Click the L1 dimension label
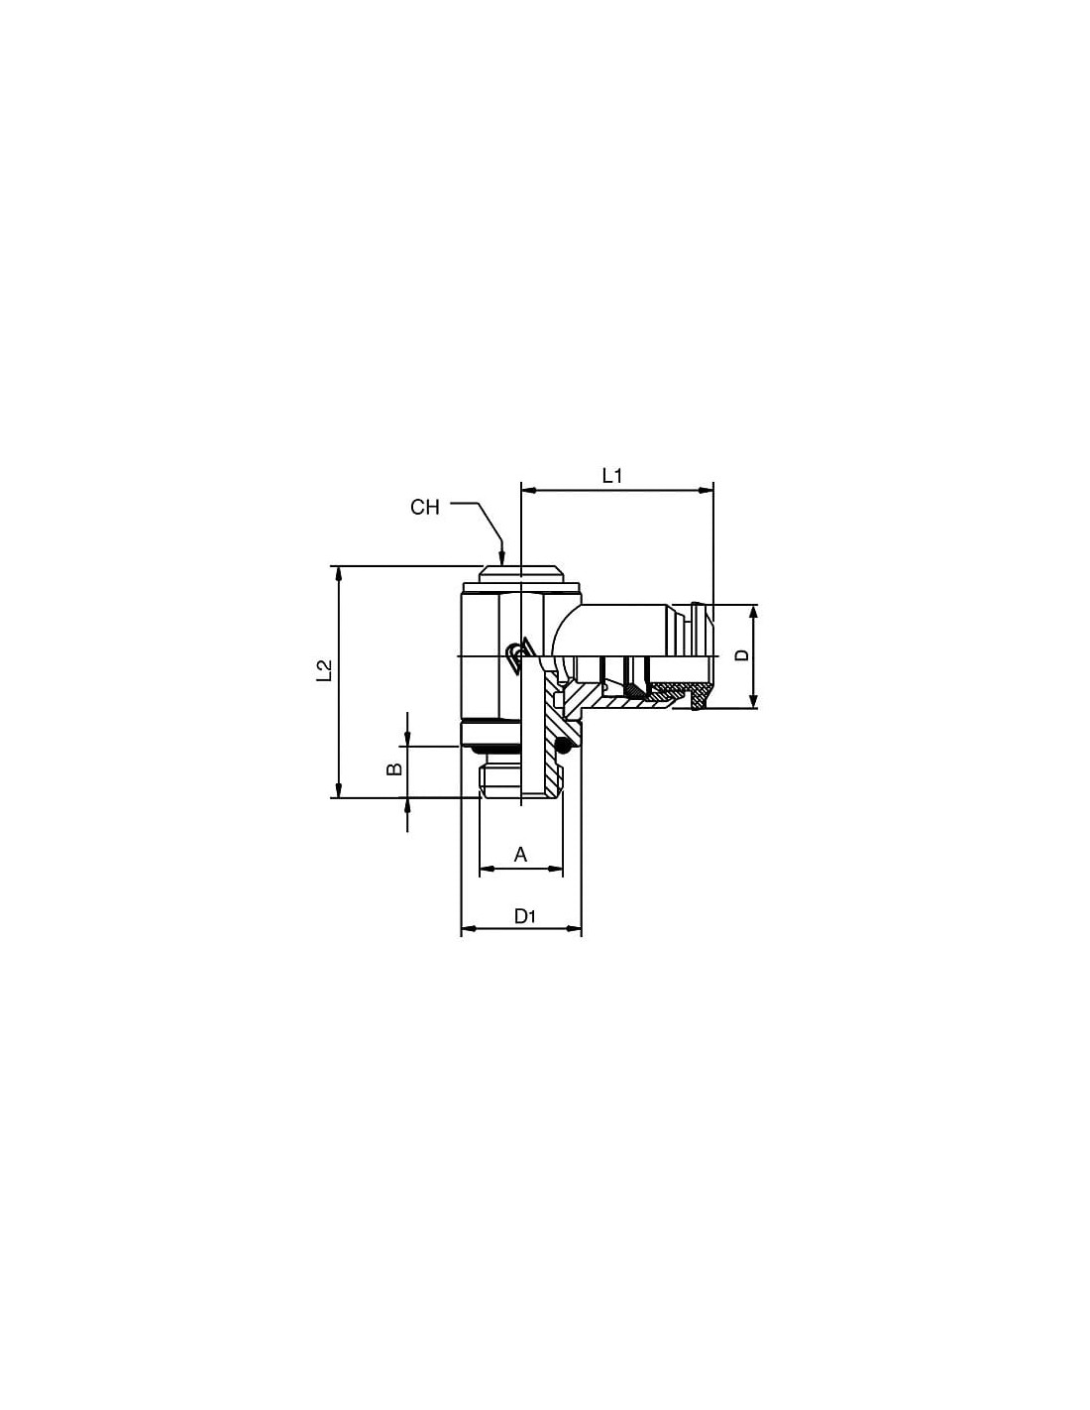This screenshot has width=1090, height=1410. tap(611, 476)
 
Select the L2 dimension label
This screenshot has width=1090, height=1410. tap(324, 670)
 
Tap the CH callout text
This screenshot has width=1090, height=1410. tap(425, 507)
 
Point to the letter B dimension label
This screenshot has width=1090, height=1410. tap(394, 768)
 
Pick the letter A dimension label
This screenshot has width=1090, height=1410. tap(520, 854)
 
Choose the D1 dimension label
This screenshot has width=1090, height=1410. tap(524, 915)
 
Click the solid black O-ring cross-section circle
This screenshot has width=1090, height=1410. tap(566, 749)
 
